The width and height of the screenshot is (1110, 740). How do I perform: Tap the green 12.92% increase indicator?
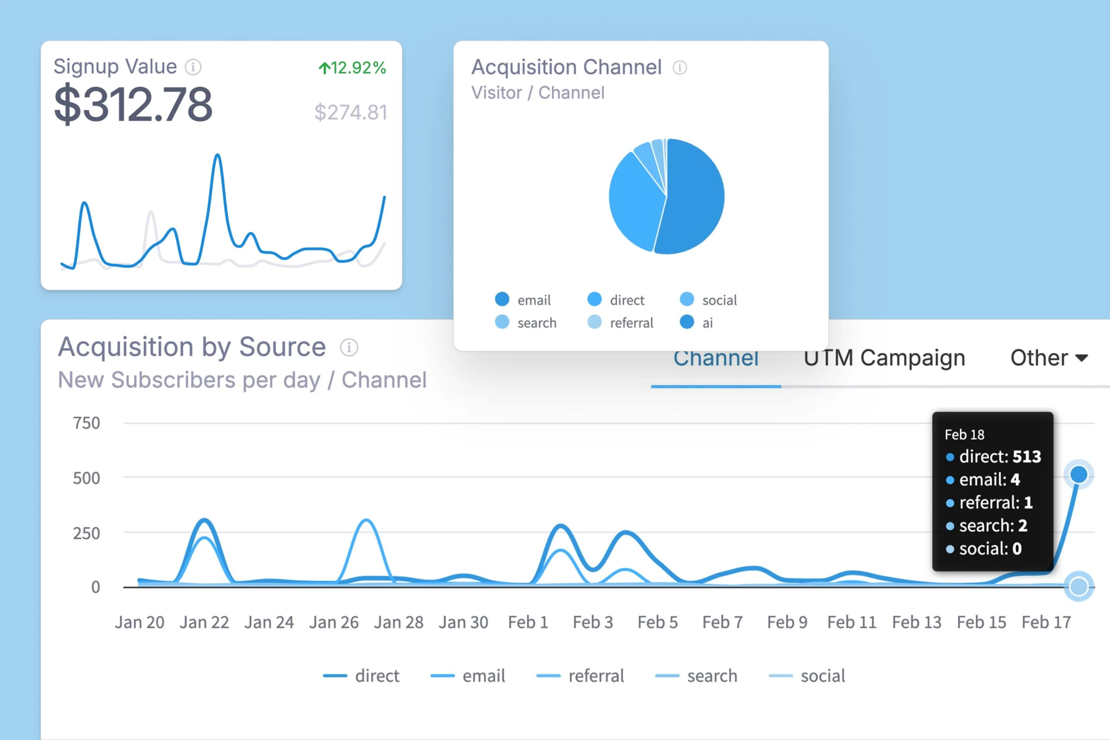352,68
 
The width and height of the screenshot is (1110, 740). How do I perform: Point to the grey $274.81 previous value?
351,112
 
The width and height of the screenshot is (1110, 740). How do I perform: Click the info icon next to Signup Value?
193,67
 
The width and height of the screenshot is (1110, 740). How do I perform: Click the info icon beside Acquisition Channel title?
679,67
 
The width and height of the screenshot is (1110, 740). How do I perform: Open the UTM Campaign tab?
884,358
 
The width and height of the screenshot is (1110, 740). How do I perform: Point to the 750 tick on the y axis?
86,423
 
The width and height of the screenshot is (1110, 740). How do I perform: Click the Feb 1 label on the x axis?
528,622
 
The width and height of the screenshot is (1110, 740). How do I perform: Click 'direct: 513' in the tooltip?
999,456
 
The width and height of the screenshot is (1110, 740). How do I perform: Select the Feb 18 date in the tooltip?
964,435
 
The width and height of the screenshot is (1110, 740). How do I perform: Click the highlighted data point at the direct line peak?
1078,474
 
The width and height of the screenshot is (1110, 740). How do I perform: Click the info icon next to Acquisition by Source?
349,347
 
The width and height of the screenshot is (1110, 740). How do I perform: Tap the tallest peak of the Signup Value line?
217,155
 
